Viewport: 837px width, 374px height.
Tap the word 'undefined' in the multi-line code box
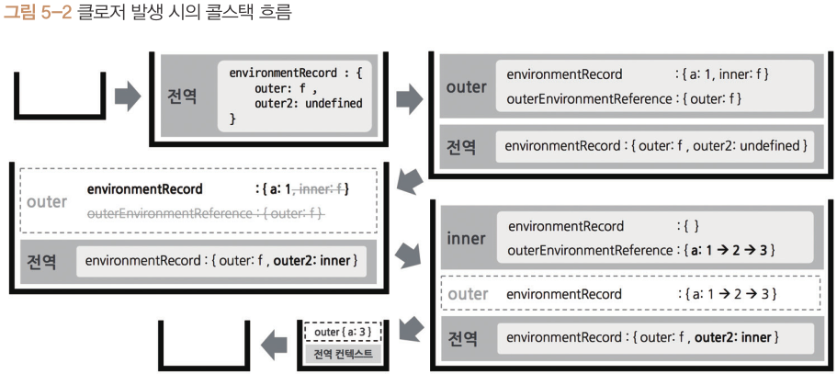tap(326, 104)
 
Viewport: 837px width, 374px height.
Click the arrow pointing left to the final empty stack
tap(273, 346)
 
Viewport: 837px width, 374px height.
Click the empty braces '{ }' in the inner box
tap(691, 226)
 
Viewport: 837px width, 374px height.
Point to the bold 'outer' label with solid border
tap(466, 86)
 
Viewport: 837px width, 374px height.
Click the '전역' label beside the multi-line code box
tap(182, 96)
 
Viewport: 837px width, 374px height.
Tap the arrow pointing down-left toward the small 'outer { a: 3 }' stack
tap(412, 324)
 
